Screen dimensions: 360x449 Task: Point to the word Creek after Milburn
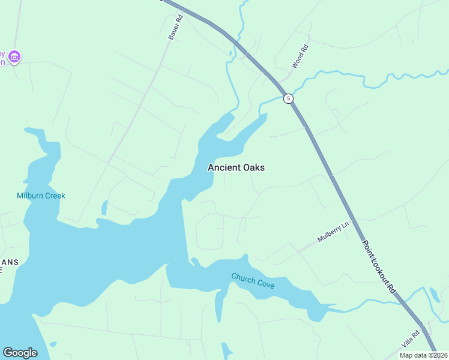[x=55, y=196]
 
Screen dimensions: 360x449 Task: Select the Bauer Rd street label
[x=175, y=28]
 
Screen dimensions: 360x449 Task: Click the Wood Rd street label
[x=300, y=56]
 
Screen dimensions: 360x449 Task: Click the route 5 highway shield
[x=289, y=98]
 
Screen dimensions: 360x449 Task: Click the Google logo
[x=20, y=353]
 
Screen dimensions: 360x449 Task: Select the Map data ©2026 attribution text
[x=423, y=355]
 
